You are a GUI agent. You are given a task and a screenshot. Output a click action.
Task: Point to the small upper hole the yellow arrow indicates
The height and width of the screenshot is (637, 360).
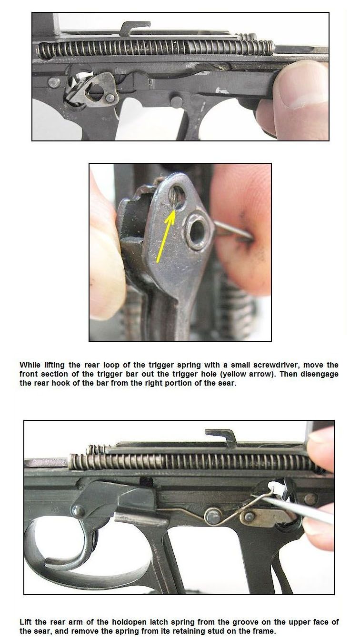tap(177, 196)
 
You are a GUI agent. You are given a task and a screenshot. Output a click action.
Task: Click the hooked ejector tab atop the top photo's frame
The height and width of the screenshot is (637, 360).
tap(134, 28)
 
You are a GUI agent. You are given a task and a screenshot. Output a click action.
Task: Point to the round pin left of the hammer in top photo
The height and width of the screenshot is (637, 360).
tap(54, 82)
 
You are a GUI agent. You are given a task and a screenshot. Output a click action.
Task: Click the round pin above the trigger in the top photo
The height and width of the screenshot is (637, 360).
tap(177, 101)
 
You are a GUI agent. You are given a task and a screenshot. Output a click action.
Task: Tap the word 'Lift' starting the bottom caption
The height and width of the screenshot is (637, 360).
tap(26, 622)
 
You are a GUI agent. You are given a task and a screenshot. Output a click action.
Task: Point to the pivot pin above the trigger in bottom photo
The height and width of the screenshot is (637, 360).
tap(78, 511)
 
